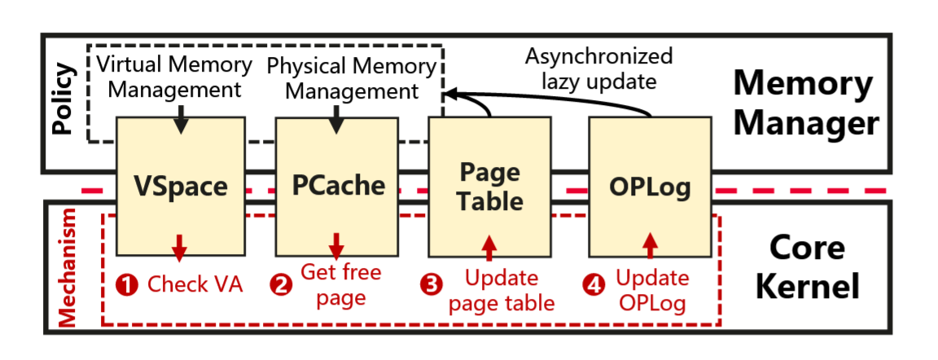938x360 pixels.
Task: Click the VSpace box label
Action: pos(180,187)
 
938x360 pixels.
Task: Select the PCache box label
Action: pos(337,186)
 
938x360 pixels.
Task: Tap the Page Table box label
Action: pos(489,187)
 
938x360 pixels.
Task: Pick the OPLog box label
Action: pos(650,187)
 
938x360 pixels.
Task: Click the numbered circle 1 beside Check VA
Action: pos(127,285)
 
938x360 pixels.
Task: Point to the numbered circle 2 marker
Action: pos(282,285)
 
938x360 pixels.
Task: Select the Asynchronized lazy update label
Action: pos(598,69)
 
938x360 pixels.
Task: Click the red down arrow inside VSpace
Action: pos(180,244)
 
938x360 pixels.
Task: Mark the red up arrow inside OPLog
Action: pos(650,244)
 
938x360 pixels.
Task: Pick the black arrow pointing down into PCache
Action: pos(335,121)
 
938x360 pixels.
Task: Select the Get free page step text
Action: pos(340,284)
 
